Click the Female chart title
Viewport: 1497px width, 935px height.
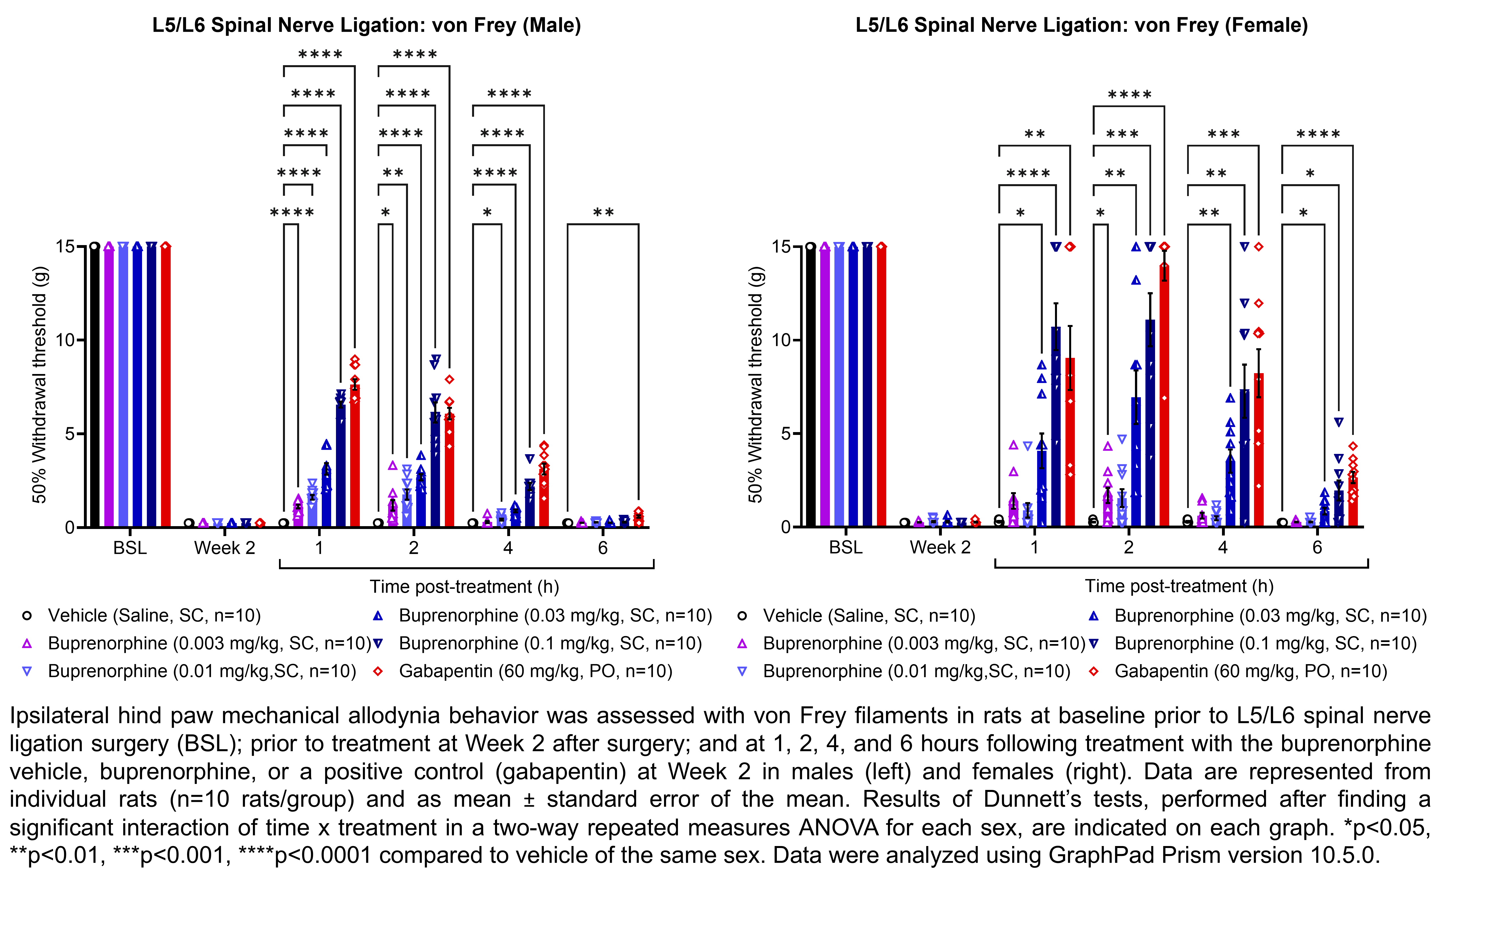click(x=1081, y=25)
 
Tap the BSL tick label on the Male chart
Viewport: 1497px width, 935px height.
click(x=130, y=548)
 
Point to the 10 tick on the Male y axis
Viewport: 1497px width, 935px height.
click(x=65, y=340)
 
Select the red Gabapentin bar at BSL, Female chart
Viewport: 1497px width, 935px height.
click(x=881, y=386)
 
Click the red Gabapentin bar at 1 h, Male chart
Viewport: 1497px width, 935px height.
click(x=355, y=458)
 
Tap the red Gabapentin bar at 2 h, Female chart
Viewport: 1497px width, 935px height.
click(x=1164, y=396)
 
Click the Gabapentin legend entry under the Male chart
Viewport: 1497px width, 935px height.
click(x=535, y=671)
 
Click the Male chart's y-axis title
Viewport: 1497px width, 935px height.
click(x=39, y=385)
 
